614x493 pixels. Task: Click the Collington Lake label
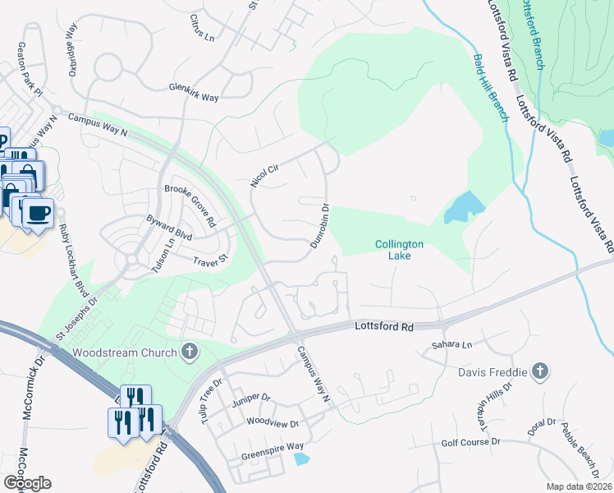[400, 250]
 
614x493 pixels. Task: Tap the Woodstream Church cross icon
[190, 352]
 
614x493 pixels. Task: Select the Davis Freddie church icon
[539, 371]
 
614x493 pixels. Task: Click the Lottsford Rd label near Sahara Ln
[383, 326]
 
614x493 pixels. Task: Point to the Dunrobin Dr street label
[320, 226]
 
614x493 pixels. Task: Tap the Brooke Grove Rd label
[190, 205]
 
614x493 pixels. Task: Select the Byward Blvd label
[168, 233]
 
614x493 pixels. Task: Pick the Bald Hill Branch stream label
[492, 88]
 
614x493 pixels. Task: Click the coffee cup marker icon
[37, 214]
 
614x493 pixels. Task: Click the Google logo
[27, 483]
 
